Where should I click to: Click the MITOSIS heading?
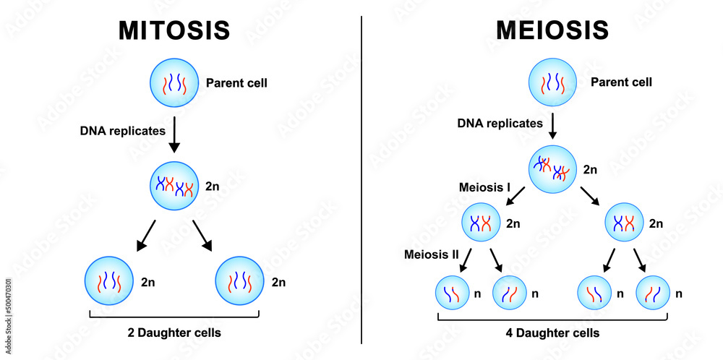click(174, 30)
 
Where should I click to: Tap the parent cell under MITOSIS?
click(174, 83)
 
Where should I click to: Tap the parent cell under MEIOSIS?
click(552, 83)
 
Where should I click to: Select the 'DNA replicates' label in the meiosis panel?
click(500, 123)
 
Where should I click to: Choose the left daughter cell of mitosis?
click(108, 280)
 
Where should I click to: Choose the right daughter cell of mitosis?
click(240, 280)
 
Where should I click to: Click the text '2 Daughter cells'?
click(174, 333)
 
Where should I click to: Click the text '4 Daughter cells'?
click(552, 333)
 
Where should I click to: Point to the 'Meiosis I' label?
click(484, 187)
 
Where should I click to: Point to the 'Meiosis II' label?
click(431, 255)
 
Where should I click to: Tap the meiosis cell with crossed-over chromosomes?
click(552, 170)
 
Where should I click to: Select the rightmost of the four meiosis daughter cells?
click(653, 293)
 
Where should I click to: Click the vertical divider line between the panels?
click(361, 181)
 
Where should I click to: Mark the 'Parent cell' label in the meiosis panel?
click(621, 82)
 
